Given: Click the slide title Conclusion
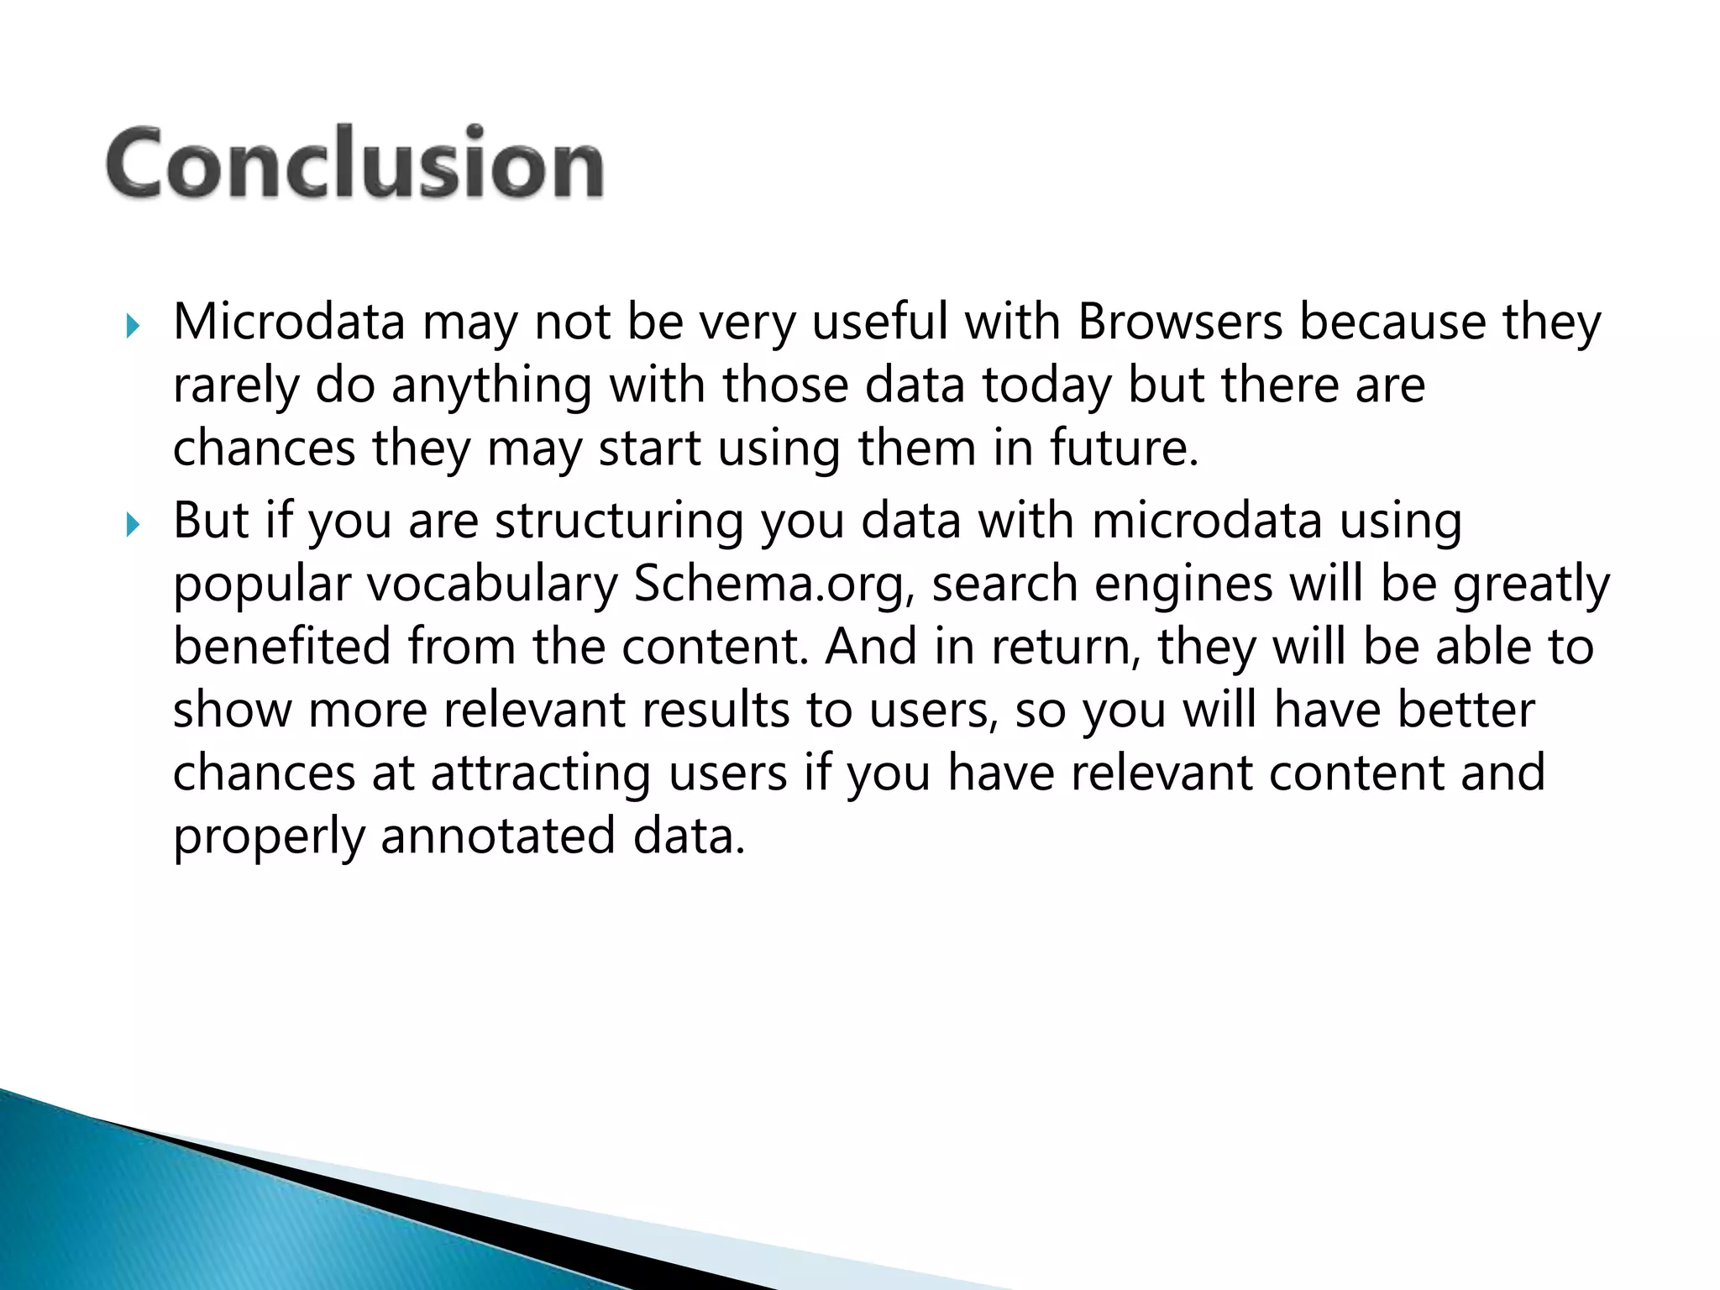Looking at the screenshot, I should (x=354, y=163).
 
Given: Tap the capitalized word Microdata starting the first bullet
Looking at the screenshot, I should (x=289, y=322).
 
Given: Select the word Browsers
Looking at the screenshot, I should (x=1180, y=322).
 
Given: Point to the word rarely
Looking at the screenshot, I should (x=236, y=385).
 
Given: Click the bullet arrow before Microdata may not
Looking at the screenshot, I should (x=133, y=326).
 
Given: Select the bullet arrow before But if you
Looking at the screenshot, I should (x=133, y=526).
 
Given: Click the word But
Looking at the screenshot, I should (x=211, y=521).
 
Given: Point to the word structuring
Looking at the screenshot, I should (x=619, y=522).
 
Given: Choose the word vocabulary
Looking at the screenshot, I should (x=492, y=585).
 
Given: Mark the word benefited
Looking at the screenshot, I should (x=282, y=647).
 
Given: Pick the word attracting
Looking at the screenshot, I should (x=541, y=773).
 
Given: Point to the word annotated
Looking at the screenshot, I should (x=498, y=836).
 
